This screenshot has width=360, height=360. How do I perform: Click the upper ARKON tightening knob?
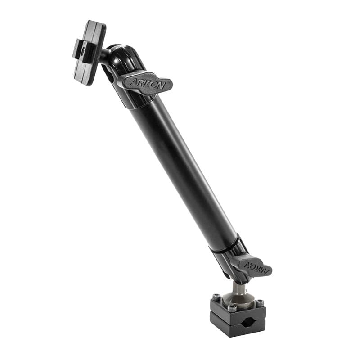click(x=145, y=83)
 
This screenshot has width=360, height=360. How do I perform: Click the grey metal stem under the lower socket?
click(x=238, y=288)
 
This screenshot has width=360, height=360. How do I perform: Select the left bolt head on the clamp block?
click(x=216, y=297)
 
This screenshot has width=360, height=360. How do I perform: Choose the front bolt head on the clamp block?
click(x=232, y=308)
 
